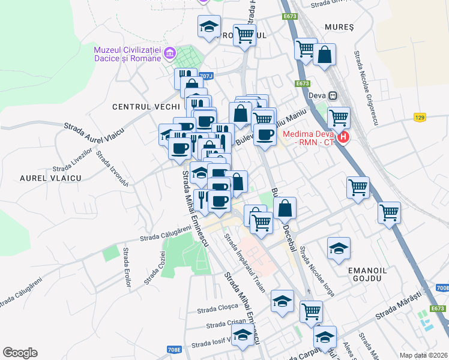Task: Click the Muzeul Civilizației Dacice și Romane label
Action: pyautogui.click(x=128, y=53)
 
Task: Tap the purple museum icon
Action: pyautogui.click(x=170, y=54)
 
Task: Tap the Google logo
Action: pyautogui.click(x=20, y=353)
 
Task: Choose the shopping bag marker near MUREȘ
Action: pyautogui.click(x=324, y=56)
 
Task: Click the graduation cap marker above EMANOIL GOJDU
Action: pyautogui.click(x=339, y=248)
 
